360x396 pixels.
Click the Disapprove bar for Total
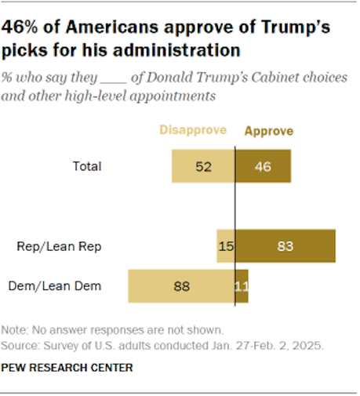coord(204,166)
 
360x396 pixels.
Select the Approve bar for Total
coord(263,166)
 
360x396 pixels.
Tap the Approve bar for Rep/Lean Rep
coord(285,246)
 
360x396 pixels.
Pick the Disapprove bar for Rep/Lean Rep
coord(226,246)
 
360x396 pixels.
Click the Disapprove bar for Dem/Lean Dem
coord(181,286)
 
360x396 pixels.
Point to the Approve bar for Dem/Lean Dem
coord(242,286)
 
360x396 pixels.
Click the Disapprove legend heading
coord(194,131)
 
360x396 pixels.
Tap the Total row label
coord(86,166)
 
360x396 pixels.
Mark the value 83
coord(285,246)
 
